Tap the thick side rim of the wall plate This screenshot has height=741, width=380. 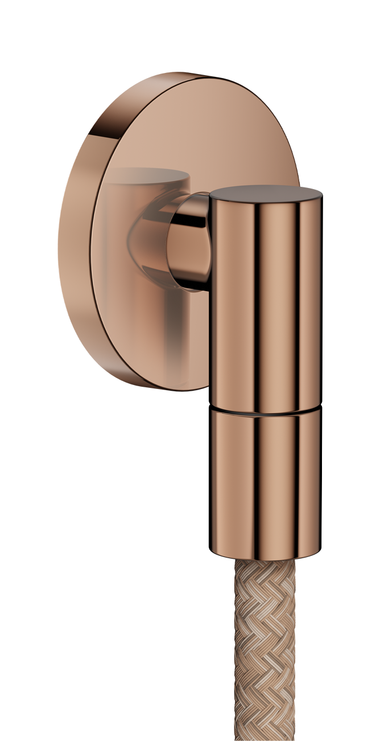click(74, 239)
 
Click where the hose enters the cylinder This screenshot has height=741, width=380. click(265, 561)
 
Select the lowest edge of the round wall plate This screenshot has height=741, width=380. click(188, 391)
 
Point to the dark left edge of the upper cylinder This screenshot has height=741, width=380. click(214, 302)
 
